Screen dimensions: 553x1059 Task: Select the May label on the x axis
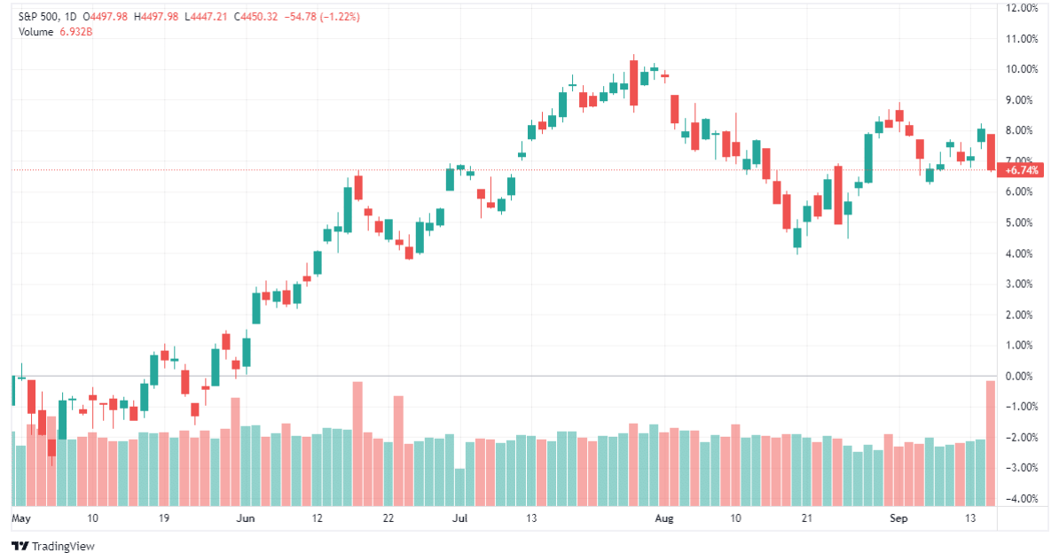tap(20, 518)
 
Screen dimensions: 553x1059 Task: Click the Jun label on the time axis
tap(247, 518)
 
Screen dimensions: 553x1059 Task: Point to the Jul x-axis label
tap(459, 518)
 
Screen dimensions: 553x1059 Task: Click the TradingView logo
tap(52, 546)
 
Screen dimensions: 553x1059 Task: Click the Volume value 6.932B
tap(76, 32)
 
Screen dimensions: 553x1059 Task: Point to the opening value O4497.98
tap(107, 17)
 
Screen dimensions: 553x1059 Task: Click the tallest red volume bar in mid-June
tap(357, 443)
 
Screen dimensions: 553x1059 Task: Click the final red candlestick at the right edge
tap(992, 152)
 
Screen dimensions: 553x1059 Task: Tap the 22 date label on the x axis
tap(388, 518)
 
